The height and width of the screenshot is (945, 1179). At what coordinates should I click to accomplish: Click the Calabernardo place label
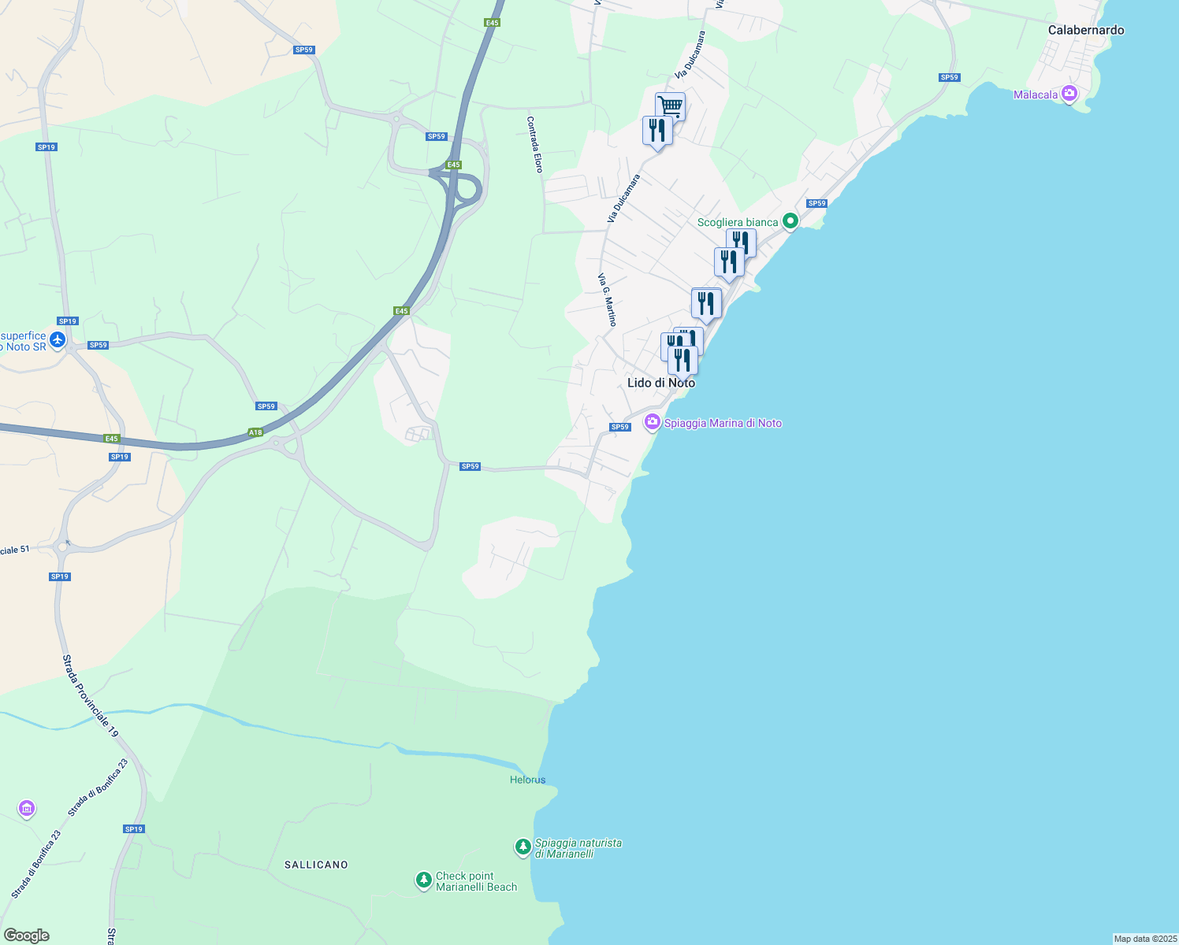tap(1085, 30)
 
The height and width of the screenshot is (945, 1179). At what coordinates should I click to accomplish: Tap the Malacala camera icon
tap(1069, 94)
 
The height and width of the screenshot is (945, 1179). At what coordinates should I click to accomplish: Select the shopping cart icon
tap(670, 106)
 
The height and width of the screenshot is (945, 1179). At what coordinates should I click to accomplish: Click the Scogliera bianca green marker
tap(790, 221)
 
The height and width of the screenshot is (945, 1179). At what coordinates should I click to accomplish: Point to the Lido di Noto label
tap(660, 383)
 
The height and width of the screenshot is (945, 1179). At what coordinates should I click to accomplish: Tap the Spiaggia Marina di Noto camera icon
tap(652, 422)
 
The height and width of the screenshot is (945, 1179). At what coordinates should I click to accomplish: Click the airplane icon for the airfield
tap(58, 340)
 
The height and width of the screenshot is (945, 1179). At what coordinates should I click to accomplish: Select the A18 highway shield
tap(255, 432)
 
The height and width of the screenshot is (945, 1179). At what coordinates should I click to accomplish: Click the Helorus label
tap(527, 780)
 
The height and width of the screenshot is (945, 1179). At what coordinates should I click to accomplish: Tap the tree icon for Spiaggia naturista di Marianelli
tap(523, 847)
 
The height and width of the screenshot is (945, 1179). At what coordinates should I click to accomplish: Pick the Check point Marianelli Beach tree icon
tap(424, 880)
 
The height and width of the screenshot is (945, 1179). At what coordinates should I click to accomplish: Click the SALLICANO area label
tap(316, 865)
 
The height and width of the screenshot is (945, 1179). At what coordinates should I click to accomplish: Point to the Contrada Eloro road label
tap(535, 145)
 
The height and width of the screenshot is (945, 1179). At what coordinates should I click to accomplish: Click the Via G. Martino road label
tap(607, 300)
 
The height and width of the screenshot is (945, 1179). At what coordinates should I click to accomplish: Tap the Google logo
tap(26, 936)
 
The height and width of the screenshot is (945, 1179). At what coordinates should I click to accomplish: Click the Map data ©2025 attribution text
tap(1144, 939)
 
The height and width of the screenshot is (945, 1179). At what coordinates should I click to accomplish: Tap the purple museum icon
tap(27, 808)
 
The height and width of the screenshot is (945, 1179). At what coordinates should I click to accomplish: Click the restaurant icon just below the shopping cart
tap(656, 131)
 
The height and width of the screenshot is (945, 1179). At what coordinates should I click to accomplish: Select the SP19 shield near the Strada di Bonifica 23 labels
tap(134, 828)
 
